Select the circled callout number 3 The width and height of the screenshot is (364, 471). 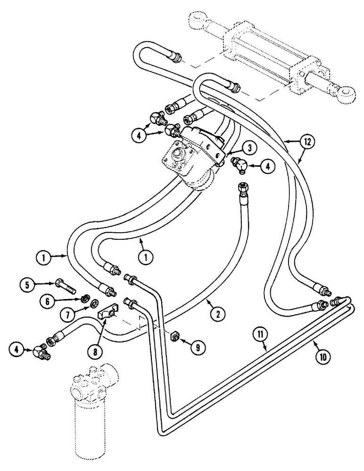250,148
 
